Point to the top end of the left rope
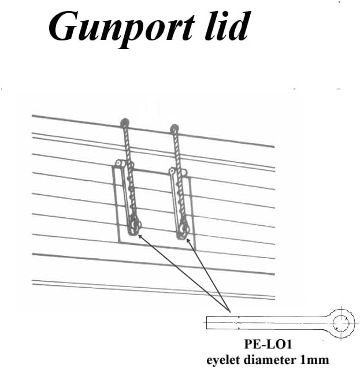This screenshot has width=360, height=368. point(124,122)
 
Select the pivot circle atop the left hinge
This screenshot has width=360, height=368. point(118,164)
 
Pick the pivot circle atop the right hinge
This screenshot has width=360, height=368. point(172,171)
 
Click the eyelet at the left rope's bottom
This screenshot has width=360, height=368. point(134,227)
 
